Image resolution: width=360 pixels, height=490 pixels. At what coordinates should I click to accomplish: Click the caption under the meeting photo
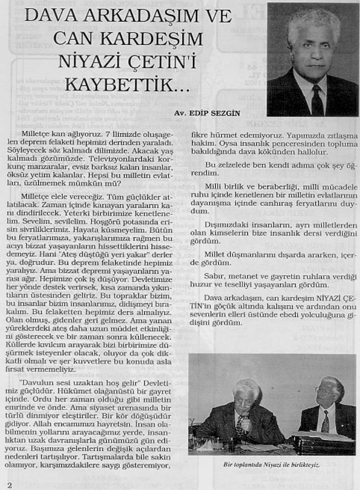pyautogui.click(x=272, y=464)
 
